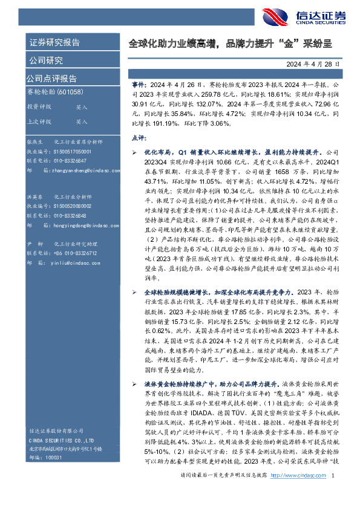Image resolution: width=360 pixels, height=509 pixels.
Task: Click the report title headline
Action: (231, 44)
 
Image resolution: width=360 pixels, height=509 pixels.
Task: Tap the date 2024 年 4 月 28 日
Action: (313, 63)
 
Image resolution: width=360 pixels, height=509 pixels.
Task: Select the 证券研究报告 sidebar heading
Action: (54, 42)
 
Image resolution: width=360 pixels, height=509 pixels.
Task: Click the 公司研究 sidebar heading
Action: (45, 60)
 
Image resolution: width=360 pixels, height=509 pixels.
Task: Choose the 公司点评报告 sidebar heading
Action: (51, 78)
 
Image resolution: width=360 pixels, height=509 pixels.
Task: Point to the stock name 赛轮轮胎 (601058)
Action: (55, 92)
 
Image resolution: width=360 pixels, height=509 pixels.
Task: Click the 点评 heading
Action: (139, 138)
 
